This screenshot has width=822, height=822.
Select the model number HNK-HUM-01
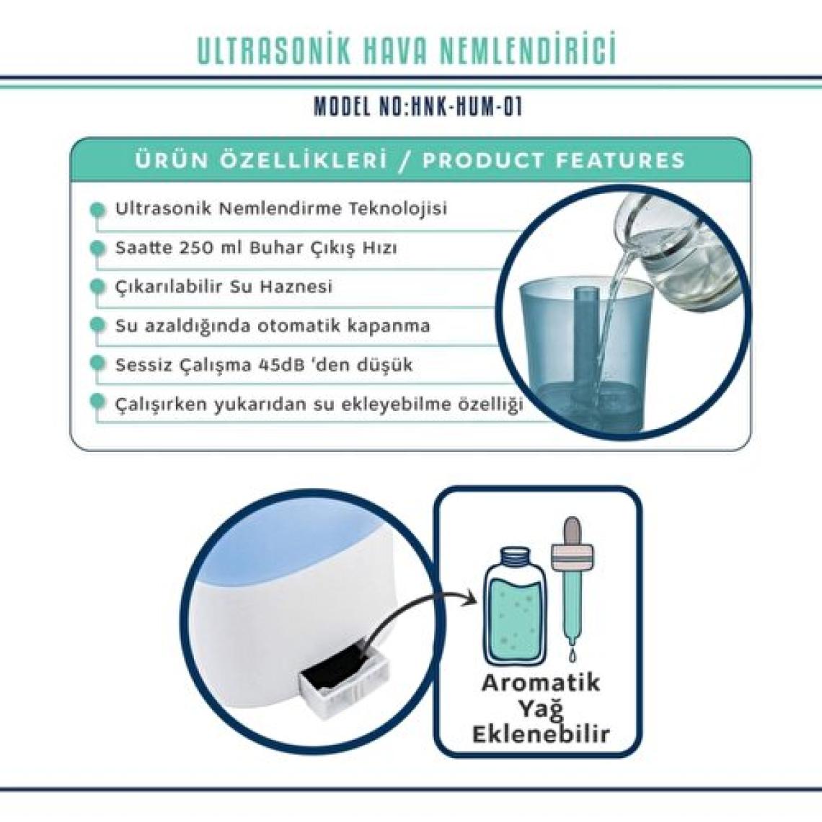[x=467, y=107]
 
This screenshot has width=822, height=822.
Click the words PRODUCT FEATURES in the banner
[x=554, y=160]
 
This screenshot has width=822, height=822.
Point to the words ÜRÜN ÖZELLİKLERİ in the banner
[x=260, y=160]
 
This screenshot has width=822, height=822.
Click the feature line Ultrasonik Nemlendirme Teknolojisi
[x=281, y=208]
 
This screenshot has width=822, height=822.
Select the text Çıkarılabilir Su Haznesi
[x=224, y=287]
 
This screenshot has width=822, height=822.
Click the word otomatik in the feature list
[x=292, y=326]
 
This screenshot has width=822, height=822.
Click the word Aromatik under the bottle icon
[x=541, y=683]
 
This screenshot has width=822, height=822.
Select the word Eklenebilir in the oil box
[x=541, y=733]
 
